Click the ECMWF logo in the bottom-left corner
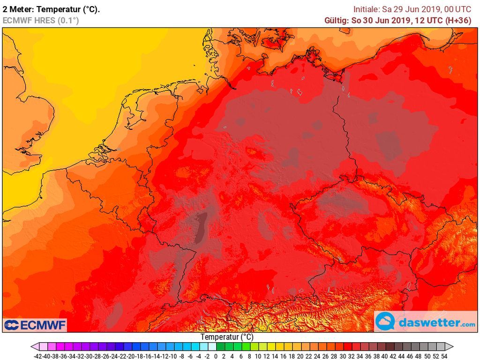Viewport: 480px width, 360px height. [35, 325]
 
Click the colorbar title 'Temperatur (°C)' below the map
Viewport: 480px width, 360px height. [227, 337]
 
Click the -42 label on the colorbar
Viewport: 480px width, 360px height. [39, 356]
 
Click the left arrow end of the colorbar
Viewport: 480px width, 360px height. [34, 347]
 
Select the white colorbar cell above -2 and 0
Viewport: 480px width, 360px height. [212, 347]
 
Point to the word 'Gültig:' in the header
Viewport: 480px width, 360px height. [337, 20]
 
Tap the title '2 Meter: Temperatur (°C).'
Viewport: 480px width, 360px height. [51, 9]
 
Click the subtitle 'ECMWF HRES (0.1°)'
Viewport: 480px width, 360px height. [41, 20]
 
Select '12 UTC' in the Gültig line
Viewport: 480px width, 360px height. [430, 20]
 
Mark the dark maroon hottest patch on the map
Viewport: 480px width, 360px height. [202, 227]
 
